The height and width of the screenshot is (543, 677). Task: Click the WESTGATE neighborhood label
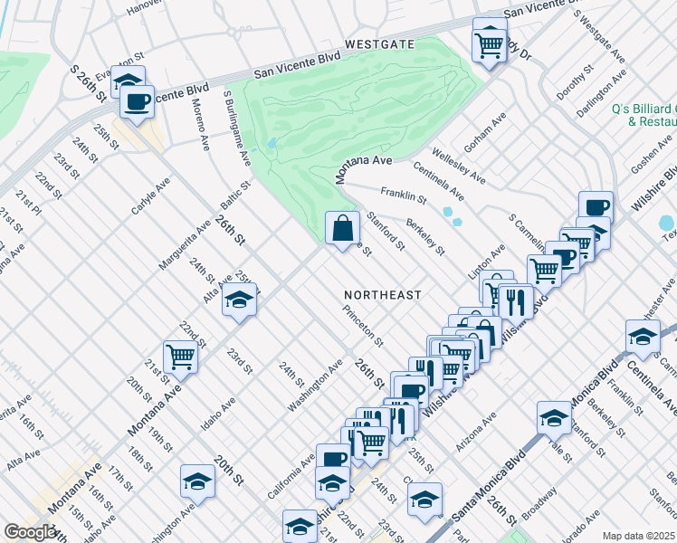click(x=378, y=43)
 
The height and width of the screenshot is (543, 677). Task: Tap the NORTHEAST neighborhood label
click(x=383, y=295)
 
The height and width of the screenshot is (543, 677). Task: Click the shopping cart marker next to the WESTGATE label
click(x=490, y=42)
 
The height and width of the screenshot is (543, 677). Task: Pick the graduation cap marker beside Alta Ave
click(x=239, y=300)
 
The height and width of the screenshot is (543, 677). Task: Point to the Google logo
click(x=30, y=532)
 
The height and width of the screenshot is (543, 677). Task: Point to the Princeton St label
click(x=364, y=326)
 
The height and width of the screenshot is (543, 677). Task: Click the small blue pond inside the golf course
click(x=272, y=143)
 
